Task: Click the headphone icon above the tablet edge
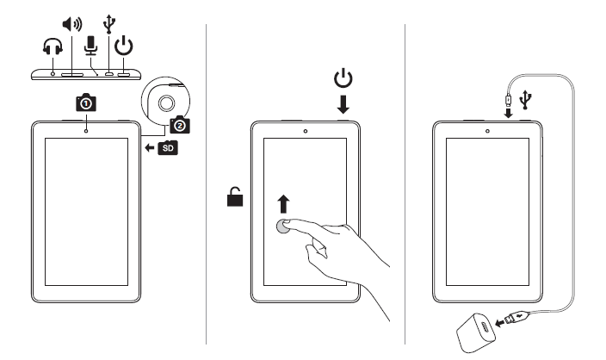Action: tap(53, 52)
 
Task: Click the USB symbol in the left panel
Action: tap(108, 24)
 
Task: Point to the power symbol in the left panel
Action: tap(124, 44)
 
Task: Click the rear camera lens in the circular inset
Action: tap(167, 104)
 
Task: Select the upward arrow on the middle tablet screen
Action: tap(283, 204)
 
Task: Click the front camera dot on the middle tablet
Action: tap(306, 133)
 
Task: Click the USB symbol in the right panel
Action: tap(526, 101)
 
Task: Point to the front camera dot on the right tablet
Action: tap(487, 133)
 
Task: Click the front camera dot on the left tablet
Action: tap(88, 132)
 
